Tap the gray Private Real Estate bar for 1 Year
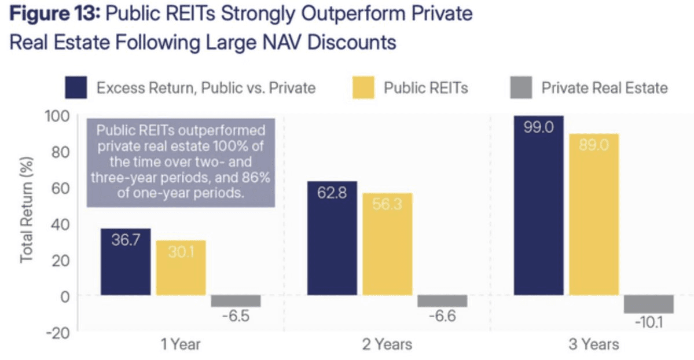tap(236, 301)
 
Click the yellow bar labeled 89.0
tap(594, 215)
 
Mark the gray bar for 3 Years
tap(649, 304)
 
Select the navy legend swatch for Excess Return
tap(76, 87)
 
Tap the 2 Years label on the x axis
tap(387, 344)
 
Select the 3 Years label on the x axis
tap(593, 344)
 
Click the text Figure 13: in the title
tap(53, 14)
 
